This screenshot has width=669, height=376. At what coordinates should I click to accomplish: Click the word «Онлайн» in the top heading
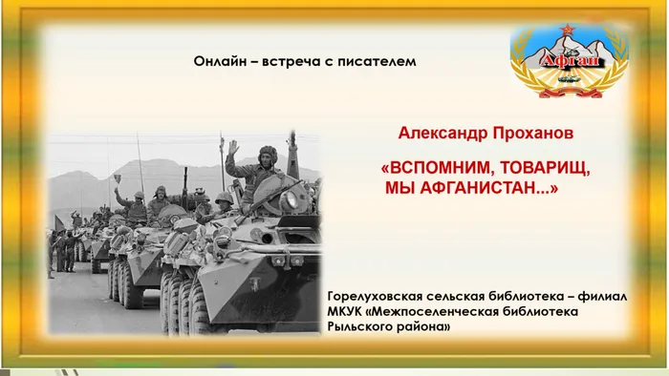pyautogui.click(x=219, y=60)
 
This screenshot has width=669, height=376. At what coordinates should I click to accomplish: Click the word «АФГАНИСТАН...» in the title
pyautogui.click(x=487, y=187)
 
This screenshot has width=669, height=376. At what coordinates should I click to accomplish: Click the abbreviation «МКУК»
pyautogui.click(x=347, y=312)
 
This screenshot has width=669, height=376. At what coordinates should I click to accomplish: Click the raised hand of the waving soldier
pyautogui.click(x=231, y=147)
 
